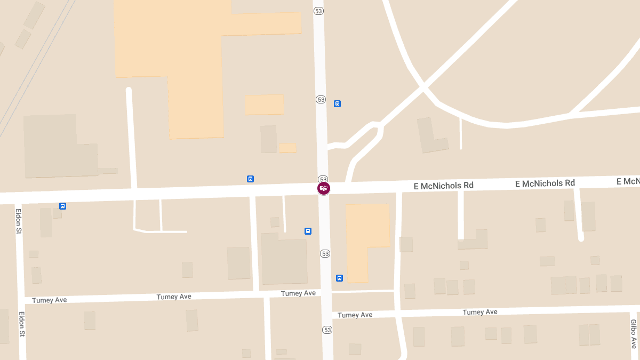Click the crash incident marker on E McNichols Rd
[324, 188]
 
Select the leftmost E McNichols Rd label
[444, 186]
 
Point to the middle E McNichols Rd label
[545, 183]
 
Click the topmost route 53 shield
[318, 11]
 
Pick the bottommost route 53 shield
[327, 330]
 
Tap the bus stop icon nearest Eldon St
[62, 206]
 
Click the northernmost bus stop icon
[337, 103]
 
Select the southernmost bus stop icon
[339, 278]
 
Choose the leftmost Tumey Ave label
[49, 300]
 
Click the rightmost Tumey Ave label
[480, 312]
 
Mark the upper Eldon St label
[18, 221]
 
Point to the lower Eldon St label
[22, 324]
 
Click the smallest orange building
[287, 148]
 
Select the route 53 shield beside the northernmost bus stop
[321, 99]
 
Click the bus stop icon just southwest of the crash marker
[308, 231]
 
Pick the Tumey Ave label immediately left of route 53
[298, 293]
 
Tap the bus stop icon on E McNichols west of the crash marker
[250, 179]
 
